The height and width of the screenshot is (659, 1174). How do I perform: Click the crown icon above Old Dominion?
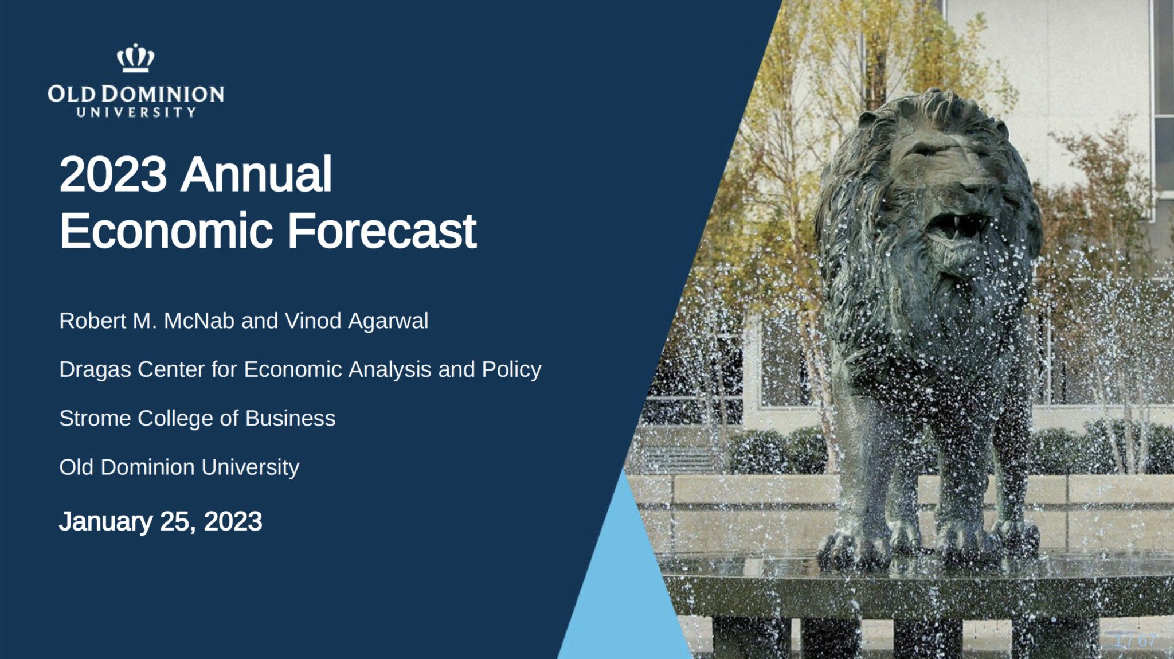[x=136, y=58]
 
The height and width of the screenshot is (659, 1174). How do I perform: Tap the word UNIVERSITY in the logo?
[x=136, y=112]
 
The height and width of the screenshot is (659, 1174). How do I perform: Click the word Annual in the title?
[x=256, y=174]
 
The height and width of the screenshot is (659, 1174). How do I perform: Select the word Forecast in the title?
[x=382, y=231]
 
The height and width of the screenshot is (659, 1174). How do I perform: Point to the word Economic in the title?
[x=166, y=231]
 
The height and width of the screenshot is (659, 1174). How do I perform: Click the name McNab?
[x=199, y=321]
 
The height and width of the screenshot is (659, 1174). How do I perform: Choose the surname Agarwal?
[x=388, y=321]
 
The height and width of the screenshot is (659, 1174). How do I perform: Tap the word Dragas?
[x=95, y=370]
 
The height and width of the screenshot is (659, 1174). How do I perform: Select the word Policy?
[x=511, y=370]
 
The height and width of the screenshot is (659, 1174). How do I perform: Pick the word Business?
[x=290, y=418]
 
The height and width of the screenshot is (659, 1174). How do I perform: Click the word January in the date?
[x=105, y=521]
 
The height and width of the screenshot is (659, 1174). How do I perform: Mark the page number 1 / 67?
[x=1135, y=641]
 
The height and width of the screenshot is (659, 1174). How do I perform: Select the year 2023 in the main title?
[x=113, y=174]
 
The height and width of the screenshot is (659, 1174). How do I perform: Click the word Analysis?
[x=390, y=370]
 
